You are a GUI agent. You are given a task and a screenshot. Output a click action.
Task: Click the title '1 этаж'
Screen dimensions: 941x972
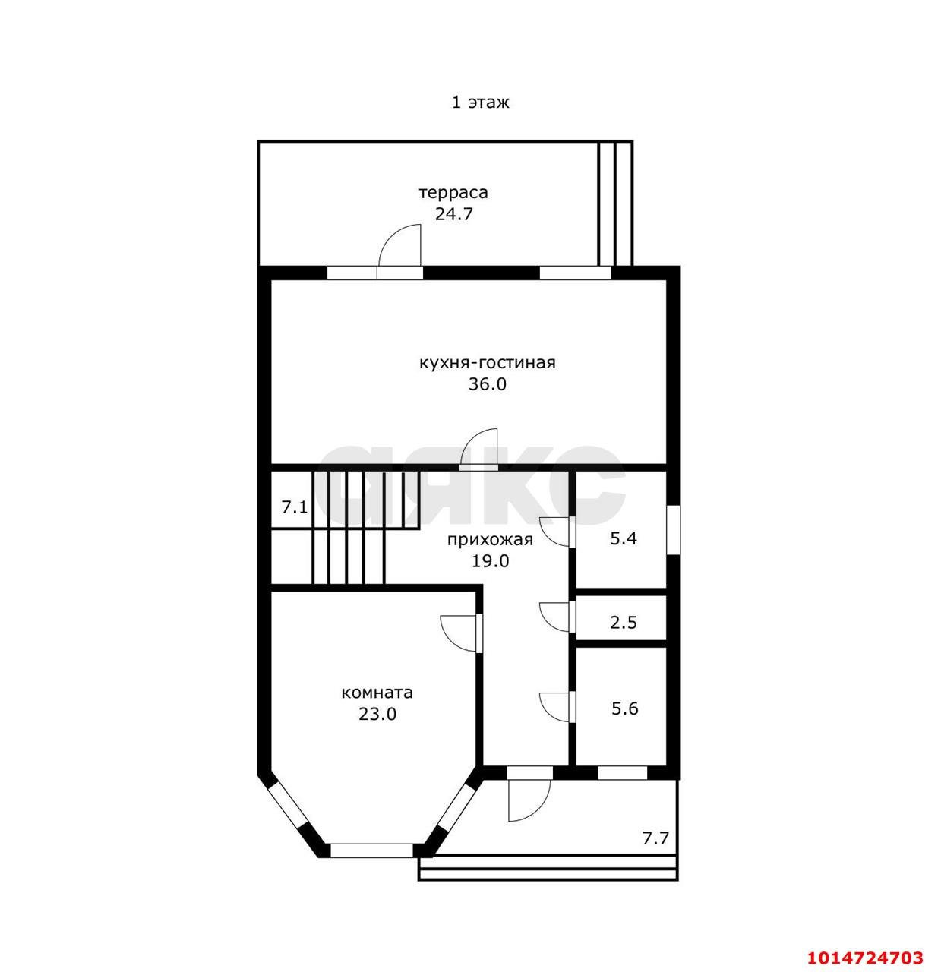(x=480, y=103)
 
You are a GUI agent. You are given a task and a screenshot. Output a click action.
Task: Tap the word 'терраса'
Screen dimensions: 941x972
(x=453, y=193)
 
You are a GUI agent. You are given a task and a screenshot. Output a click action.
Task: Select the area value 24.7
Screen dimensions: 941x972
(x=453, y=214)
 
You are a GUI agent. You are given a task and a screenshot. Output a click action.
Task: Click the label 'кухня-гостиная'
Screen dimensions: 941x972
(x=487, y=362)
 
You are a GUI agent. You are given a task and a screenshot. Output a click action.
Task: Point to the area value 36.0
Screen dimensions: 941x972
(x=487, y=383)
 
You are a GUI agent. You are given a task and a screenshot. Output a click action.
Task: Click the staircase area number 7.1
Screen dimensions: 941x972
(x=295, y=507)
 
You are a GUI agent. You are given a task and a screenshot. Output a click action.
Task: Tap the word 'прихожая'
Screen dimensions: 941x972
(x=490, y=539)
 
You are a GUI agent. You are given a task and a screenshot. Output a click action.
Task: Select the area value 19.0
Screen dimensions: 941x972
(x=490, y=561)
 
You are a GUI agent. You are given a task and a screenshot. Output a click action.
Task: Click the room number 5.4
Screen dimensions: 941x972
(x=624, y=538)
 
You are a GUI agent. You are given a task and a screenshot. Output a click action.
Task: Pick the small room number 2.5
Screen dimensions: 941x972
(x=624, y=623)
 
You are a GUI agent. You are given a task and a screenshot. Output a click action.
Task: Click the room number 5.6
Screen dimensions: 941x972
(x=625, y=708)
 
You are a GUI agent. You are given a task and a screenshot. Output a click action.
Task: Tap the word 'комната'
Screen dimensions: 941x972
(x=377, y=693)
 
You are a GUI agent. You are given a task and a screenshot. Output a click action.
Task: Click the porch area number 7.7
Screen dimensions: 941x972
(x=655, y=838)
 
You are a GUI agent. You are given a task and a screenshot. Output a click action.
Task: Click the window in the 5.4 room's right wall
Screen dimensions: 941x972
(x=674, y=529)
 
